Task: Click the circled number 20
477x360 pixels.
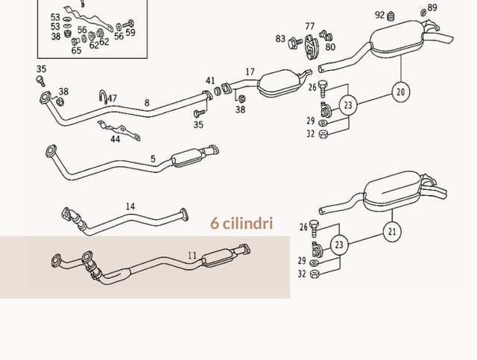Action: point(401,92)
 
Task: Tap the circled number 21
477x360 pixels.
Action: point(392,232)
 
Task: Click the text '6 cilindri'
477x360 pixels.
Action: point(241,223)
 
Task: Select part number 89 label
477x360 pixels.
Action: point(432,7)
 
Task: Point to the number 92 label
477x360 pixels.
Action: point(379,15)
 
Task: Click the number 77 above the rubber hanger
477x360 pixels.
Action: point(310,26)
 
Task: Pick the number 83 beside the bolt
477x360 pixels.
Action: point(280,39)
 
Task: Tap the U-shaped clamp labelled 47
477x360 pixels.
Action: point(103,96)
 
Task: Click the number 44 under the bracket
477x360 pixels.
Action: point(115,139)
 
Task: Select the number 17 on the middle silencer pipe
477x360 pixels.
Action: point(250,72)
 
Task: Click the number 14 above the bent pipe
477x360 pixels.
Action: point(130,206)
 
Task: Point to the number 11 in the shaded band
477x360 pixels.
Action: point(192,256)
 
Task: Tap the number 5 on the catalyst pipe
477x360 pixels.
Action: point(153,159)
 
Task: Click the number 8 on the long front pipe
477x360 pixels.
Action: point(147,103)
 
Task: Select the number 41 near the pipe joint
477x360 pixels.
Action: point(210,80)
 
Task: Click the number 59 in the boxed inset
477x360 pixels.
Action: point(130,32)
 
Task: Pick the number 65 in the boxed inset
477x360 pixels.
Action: point(76,50)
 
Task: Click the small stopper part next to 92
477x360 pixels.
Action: point(391,16)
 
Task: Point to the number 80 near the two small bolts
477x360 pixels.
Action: point(330,46)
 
